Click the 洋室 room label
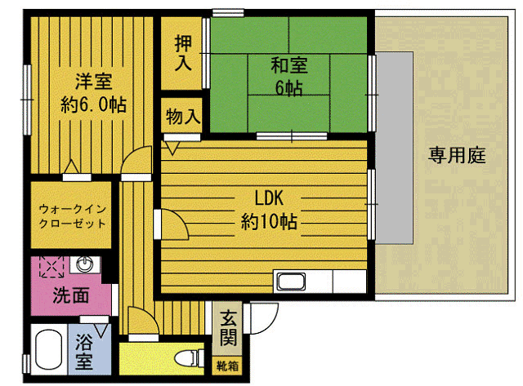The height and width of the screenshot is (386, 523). click(94, 82)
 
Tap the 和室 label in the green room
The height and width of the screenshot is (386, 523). click(288, 65)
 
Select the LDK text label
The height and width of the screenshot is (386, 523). click(269, 197)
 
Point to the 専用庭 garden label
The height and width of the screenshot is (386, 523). click(457, 155)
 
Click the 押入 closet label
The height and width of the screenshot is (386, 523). click(183, 53)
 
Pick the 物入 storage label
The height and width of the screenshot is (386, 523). click(183, 116)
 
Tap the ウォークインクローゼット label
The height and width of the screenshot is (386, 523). click(73, 216)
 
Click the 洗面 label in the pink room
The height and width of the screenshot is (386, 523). click(71, 295)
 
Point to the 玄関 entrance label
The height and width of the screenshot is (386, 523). click(229, 328)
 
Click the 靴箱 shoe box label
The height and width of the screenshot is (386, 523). click(227, 366)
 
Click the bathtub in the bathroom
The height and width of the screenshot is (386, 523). click(49, 349)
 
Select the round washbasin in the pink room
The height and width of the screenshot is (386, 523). click(85, 264)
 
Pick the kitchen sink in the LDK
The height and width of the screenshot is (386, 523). click(291, 282)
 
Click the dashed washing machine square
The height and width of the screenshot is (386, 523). click(51, 266)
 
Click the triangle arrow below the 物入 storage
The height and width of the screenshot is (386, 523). click(172, 149)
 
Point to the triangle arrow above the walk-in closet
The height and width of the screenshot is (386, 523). click(71, 166)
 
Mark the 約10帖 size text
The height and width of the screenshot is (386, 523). click(269, 221)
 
